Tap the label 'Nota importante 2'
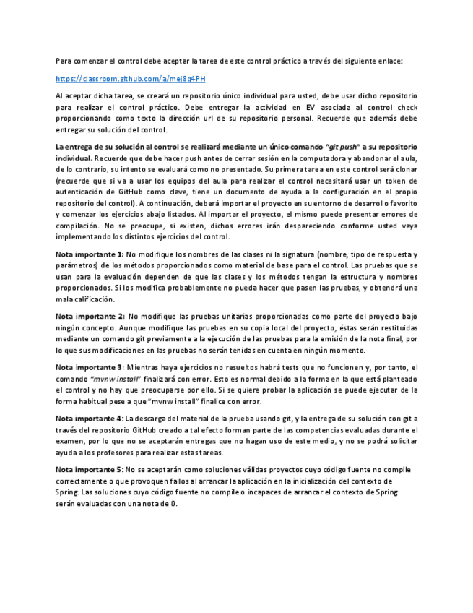(x=89, y=316)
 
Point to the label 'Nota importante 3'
(x=89, y=367)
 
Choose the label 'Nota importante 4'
(x=89, y=419)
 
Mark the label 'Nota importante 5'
(x=89, y=470)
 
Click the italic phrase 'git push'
(x=342, y=146)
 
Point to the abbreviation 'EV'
(x=311, y=106)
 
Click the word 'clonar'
(x=402, y=169)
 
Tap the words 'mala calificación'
(x=84, y=299)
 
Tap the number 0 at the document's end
(x=174, y=504)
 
